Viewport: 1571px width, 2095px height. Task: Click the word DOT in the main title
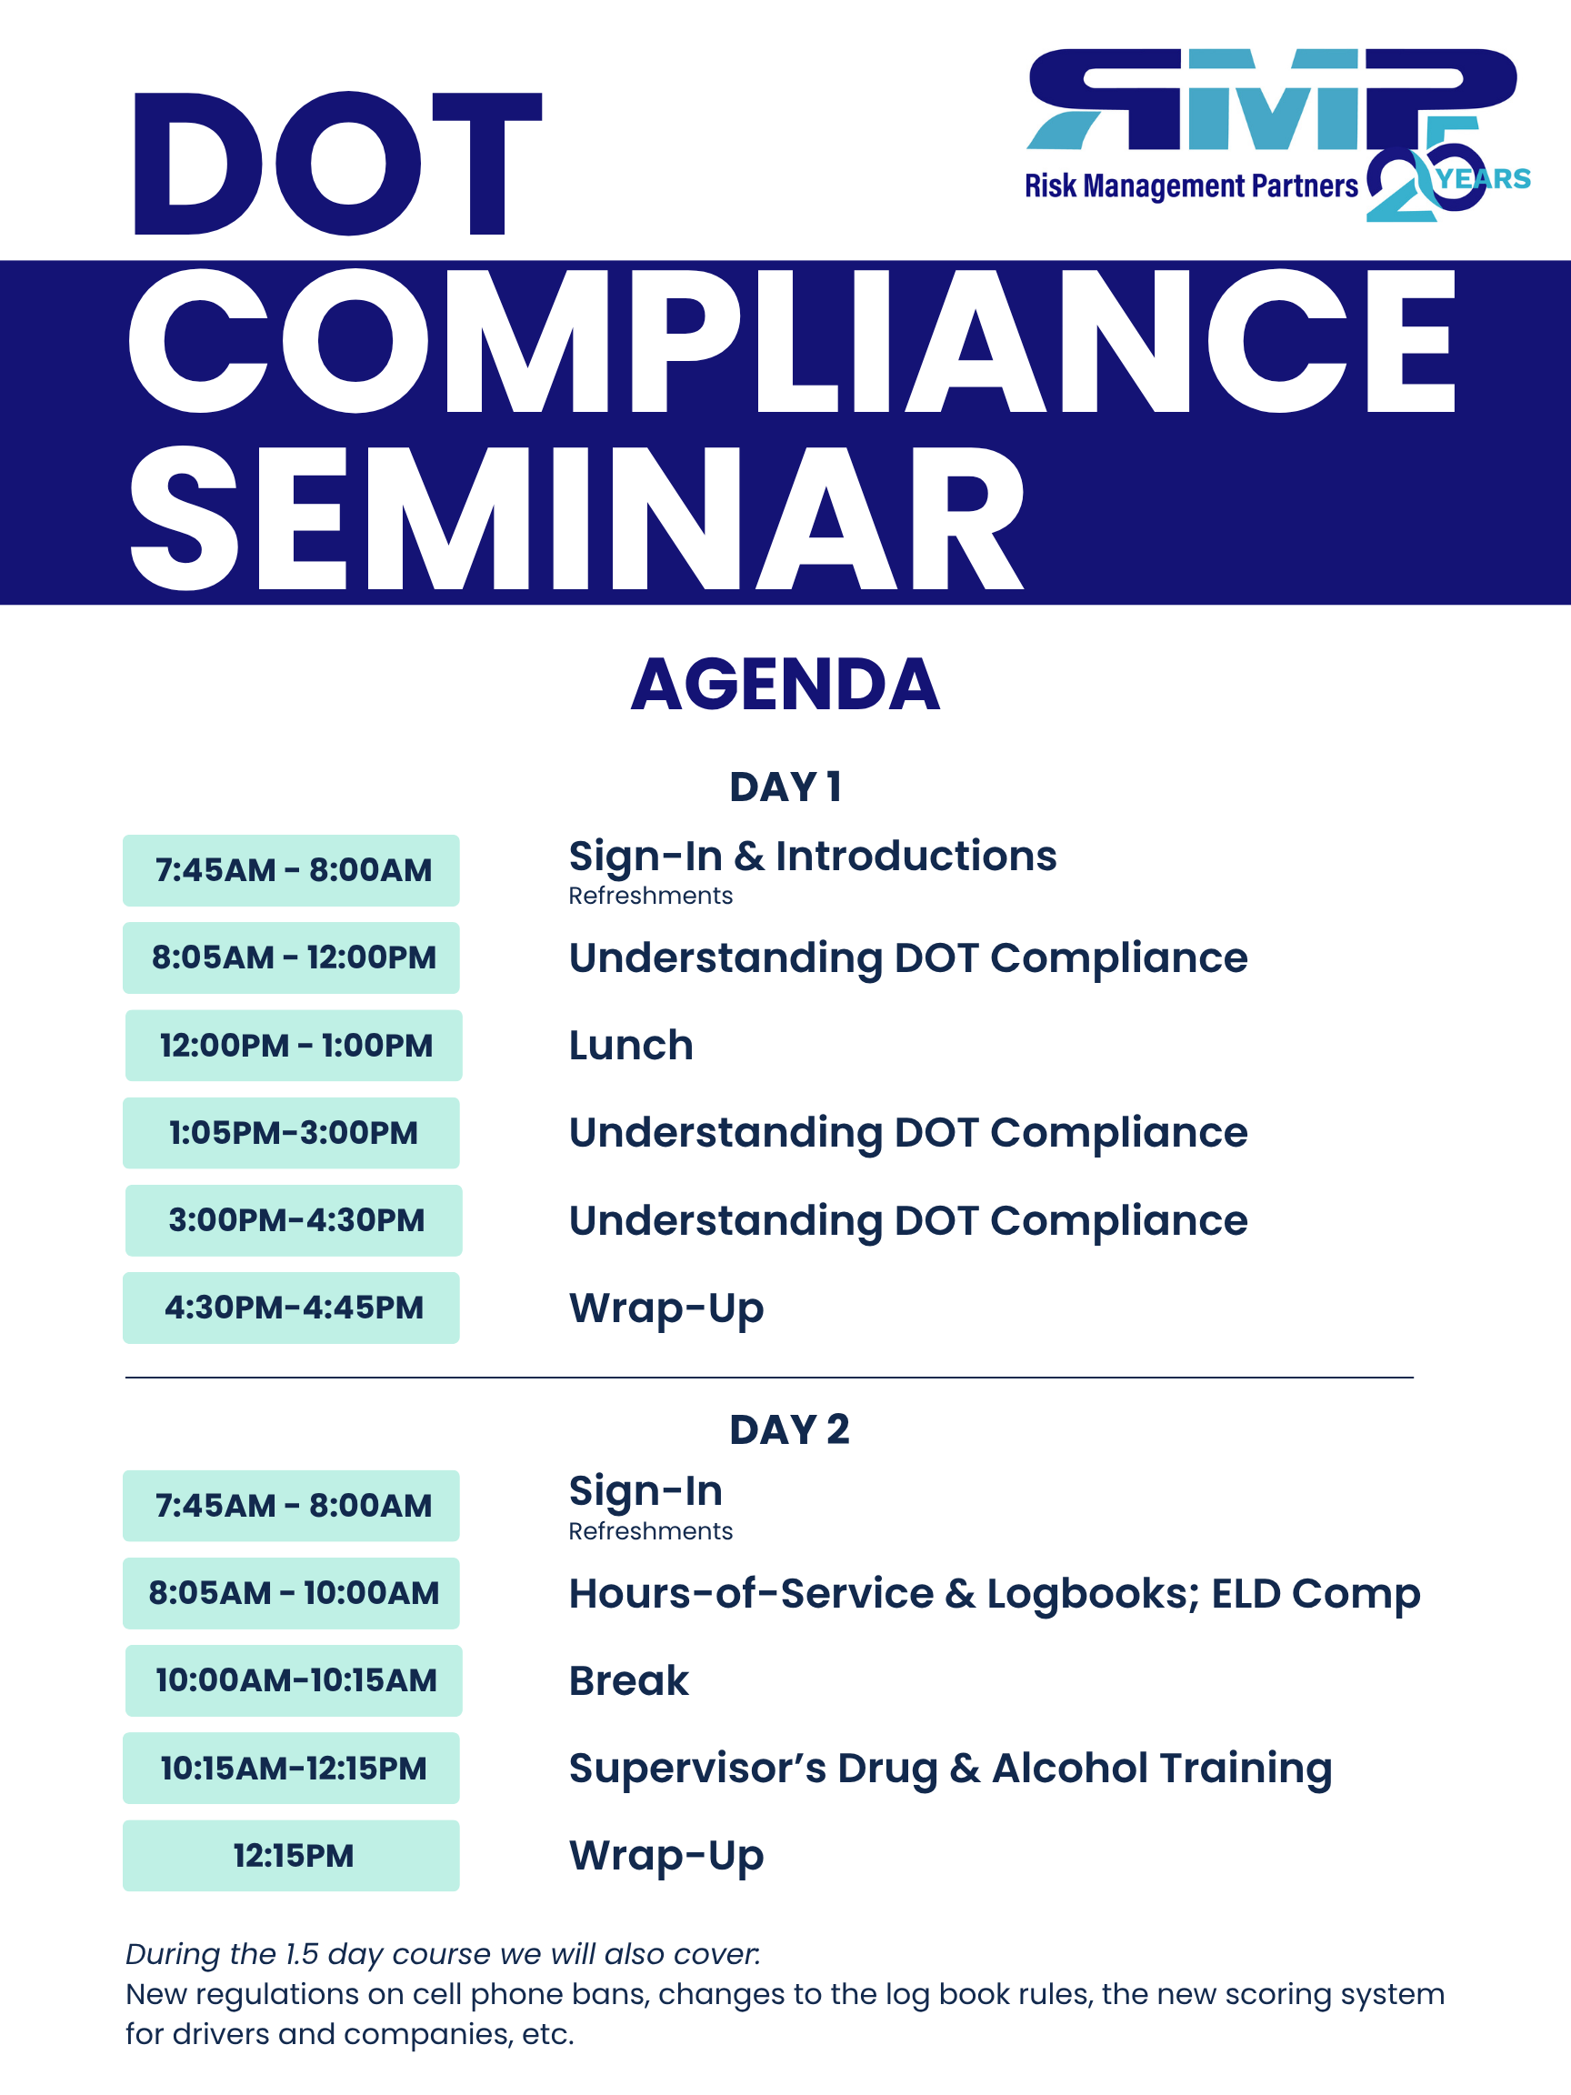pyautogui.click(x=337, y=164)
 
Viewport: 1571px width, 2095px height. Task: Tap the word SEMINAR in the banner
pyautogui.click(x=576, y=519)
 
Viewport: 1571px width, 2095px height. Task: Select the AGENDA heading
pyautogui.click(x=785, y=684)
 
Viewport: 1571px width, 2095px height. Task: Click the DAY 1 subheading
pyautogui.click(x=785, y=787)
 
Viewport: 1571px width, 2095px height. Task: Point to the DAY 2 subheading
pyautogui.click(x=789, y=1429)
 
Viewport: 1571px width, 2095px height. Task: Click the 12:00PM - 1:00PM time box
pyautogui.click(x=294, y=1046)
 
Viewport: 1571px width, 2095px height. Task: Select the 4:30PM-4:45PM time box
pyautogui.click(x=291, y=1308)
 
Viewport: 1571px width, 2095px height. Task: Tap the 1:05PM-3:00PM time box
pyautogui.click(x=291, y=1133)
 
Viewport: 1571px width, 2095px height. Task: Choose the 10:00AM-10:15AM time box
pyautogui.click(x=294, y=1680)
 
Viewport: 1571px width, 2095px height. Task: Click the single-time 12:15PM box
pyautogui.click(x=291, y=1855)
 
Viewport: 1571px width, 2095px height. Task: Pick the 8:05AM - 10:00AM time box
pyautogui.click(x=291, y=1593)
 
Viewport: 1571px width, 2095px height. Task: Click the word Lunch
pyautogui.click(x=631, y=1046)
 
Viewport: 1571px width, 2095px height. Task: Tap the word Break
pyautogui.click(x=629, y=1681)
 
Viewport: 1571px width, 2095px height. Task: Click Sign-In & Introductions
pyautogui.click(x=813, y=857)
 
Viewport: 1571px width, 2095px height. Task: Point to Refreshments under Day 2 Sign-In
pyautogui.click(x=651, y=1531)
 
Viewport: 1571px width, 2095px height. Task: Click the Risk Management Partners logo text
pyautogui.click(x=1191, y=186)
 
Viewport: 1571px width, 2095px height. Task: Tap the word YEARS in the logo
pyautogui.click(x=1483, y=179)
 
